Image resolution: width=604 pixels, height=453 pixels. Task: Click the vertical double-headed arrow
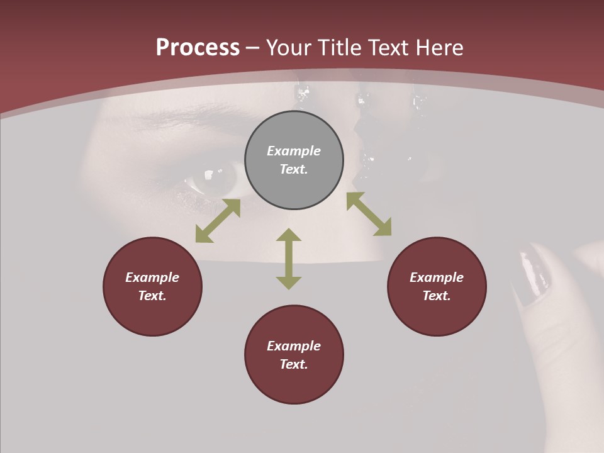(289, 259)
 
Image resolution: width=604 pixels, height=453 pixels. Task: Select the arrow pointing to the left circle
(218, 221)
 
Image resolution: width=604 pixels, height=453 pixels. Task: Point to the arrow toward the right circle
(369, 214)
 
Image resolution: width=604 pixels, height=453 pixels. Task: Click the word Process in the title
(198, 48)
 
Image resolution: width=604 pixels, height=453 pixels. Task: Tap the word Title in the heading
(341, 48)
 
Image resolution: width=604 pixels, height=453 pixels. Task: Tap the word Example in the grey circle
(294, 151)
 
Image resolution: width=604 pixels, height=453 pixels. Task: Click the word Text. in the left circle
(152, 296)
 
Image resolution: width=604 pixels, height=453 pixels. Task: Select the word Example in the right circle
(437, 277)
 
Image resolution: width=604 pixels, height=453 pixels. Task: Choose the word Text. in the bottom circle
(294, 364)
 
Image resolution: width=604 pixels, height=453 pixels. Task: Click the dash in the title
(252, 48)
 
